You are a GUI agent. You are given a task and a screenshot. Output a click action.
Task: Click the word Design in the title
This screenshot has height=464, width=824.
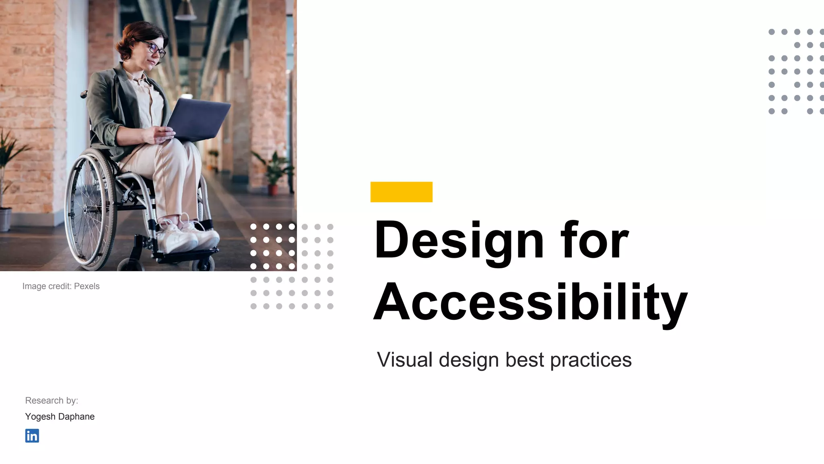click(459, 240)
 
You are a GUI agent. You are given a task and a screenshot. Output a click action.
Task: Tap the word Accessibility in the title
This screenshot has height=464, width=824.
click(530, 302)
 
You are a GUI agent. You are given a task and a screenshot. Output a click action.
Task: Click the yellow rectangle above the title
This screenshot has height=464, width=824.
click(401, 192)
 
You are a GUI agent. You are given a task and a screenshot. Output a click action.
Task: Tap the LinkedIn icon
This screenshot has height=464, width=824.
click(32, 436)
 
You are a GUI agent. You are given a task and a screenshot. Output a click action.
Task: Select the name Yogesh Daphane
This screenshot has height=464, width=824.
click(60, 416)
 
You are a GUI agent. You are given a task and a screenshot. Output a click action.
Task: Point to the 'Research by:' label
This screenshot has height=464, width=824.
click(51, 400)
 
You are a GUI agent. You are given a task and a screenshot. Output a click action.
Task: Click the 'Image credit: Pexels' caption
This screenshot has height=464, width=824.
click(61, 286)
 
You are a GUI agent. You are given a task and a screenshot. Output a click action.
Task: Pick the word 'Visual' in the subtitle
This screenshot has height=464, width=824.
click(405, 360)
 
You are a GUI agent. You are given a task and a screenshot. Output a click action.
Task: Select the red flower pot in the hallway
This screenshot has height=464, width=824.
click(273, 189)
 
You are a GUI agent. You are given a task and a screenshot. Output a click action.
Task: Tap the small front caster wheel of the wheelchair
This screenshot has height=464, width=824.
click(203, 264)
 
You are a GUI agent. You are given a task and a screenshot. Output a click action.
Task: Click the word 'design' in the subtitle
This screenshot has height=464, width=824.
click(469, 360)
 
